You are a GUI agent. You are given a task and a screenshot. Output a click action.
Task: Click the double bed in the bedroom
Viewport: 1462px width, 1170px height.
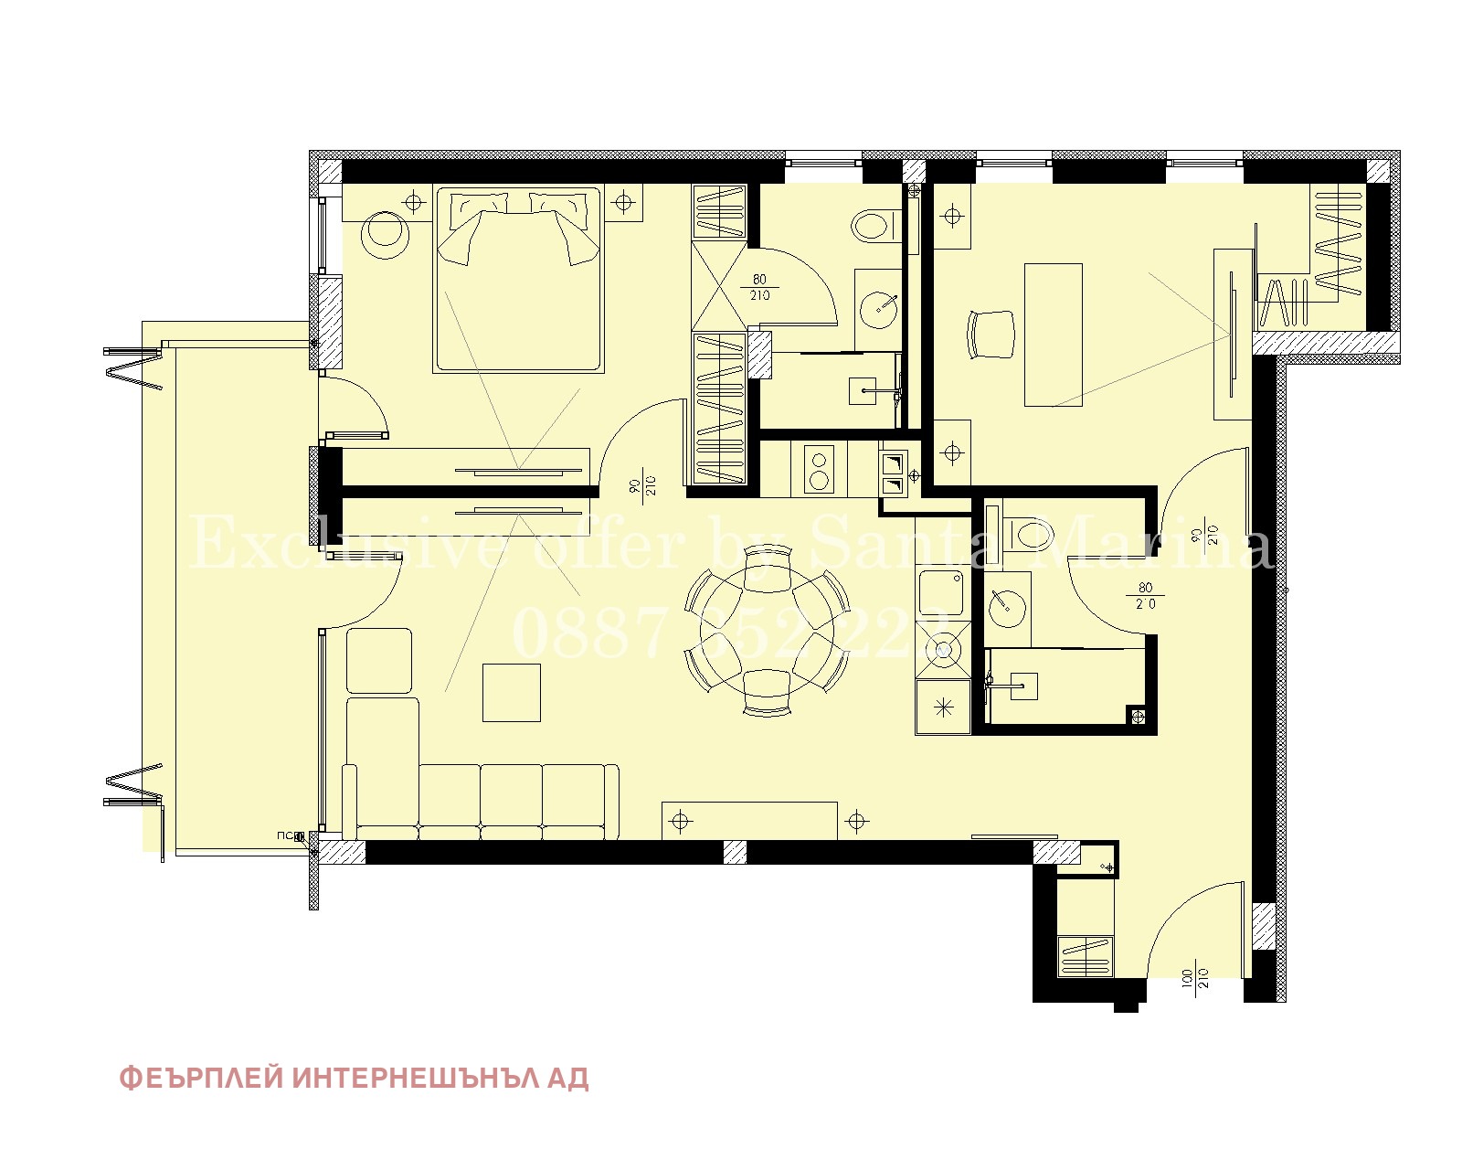pyautogui.click(x=518, y=279)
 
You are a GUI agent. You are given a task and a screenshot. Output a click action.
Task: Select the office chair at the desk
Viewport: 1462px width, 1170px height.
pyautogui.click(x=991, y=335)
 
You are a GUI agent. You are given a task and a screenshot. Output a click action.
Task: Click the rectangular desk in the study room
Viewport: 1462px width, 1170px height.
pyautogui.click(x=1053, y=335)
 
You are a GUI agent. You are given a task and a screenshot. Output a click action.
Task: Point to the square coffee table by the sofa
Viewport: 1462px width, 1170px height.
pyautogui.click(x=512, y=693)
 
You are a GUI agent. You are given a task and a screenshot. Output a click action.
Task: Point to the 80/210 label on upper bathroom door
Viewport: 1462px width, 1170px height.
pyautogui.click(x=759, y=287)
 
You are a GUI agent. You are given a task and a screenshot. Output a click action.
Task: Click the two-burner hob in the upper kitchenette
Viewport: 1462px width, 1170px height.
pyautogui.click(x=820, y=470)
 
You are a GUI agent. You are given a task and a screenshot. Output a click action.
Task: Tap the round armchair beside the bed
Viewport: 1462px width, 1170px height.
pyautogui.click(x=386, y=235)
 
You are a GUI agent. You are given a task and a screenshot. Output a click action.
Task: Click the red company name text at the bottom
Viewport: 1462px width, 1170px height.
pyautogui.click(x=355, y=1079)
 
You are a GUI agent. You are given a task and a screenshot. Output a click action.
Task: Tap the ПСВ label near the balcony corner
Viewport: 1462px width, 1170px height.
pyautogui.click(x=289, y=835)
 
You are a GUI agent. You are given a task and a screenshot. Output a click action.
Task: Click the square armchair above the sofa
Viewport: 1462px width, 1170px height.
pyautogui.click(x=379, y=661)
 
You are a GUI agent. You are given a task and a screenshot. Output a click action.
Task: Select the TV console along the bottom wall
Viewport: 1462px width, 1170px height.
pyautogui.click(x=749, y=820)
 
